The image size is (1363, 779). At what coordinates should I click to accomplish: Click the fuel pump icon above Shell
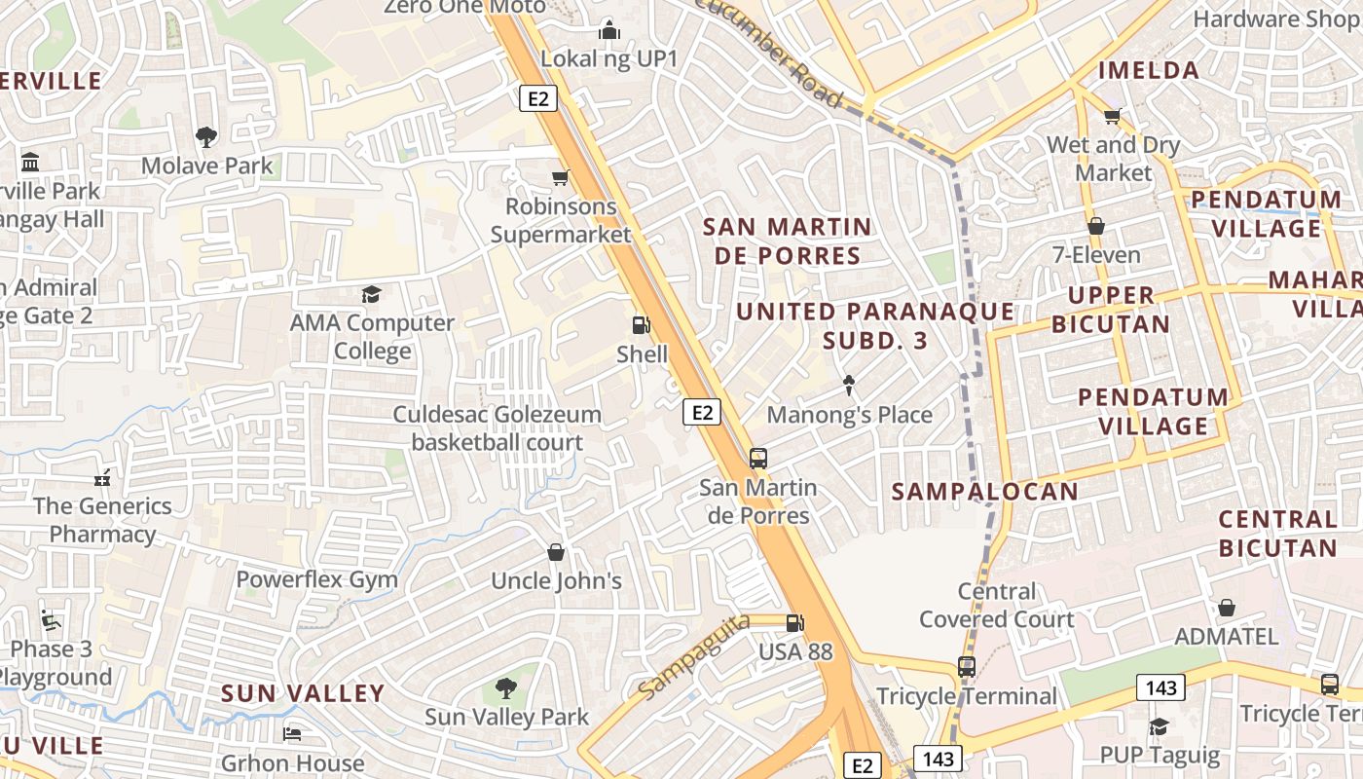click(x=641, y=325)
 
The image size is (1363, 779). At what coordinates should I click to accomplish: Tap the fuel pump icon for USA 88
click(x=795, y=622)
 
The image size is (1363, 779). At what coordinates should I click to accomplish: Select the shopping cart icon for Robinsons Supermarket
click(x=560, y=177)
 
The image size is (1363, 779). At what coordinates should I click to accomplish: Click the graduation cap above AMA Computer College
click(x=371, y=294)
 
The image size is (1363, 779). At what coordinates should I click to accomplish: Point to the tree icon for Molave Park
click(x=206, y=137)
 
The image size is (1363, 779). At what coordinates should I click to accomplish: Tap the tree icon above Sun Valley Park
click(x=505, y=688)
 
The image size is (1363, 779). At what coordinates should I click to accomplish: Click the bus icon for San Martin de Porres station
click(x=757, y=458)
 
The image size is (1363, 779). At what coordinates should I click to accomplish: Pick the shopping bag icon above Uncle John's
click(x=556, y=552)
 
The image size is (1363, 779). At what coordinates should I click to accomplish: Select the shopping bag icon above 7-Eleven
click(x=1096, y=226)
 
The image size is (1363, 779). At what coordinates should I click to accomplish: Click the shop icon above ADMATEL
click(x=1227, y=608)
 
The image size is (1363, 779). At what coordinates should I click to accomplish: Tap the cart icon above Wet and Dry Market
click(x=1113, y=116)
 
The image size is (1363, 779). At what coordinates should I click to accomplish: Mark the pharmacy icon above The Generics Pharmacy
click(x=102, y=478)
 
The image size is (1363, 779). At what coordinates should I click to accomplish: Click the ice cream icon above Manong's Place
click(x=849, y=386)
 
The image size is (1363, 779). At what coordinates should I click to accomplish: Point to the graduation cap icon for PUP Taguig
click(x=1159, y=726)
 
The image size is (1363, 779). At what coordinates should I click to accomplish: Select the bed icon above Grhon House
click(x=292, y=733)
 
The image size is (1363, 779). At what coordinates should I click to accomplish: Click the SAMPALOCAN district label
click(x=985, y=491)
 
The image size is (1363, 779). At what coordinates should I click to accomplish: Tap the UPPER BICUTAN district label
click(x=1110, y=309)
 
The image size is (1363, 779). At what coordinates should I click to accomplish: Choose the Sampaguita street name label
click(x=695, y=655)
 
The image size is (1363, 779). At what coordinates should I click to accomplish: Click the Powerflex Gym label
click(x=317, y=579)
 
